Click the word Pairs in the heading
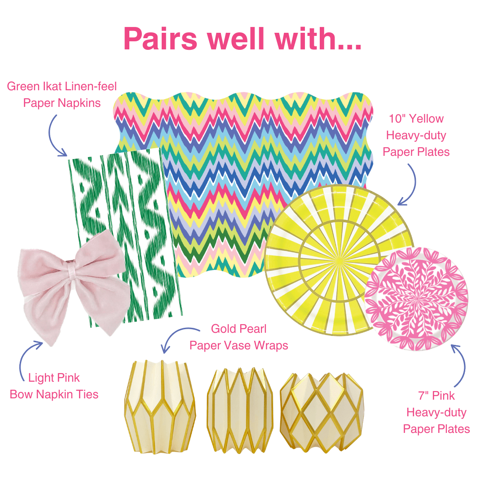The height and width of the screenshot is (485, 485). [161, 39]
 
